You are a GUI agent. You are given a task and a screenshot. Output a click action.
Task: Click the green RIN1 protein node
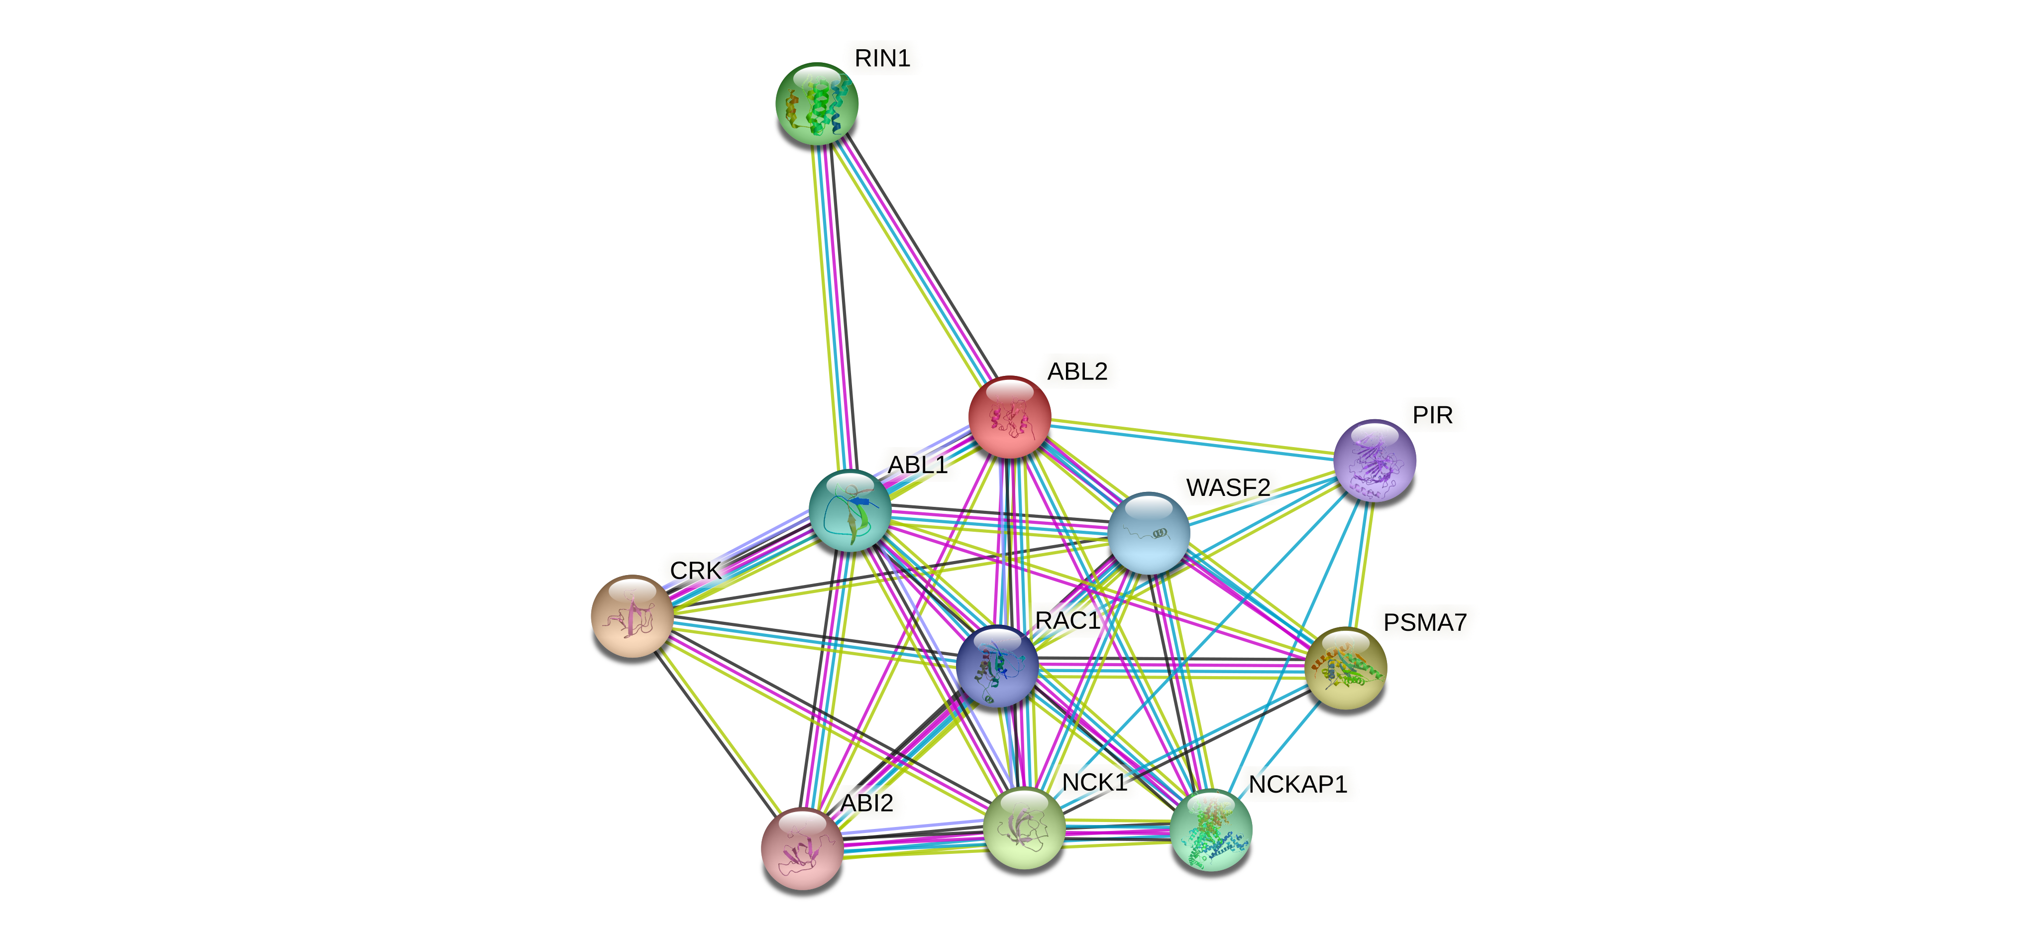point(816,104)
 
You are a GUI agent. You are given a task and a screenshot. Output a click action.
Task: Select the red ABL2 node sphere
point(1009,417)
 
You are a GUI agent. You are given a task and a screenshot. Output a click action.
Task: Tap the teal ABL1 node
point(850,510)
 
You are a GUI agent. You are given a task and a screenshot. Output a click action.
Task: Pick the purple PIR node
point(1375,460)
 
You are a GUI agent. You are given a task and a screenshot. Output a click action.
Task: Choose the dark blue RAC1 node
point(997,667)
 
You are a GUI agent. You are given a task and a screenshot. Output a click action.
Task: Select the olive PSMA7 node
point(1345,668)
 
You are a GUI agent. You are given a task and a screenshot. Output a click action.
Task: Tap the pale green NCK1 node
point(1024,828)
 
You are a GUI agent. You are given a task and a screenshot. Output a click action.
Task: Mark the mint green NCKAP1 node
point(1210,830)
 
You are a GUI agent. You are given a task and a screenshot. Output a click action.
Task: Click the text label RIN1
point(882,58)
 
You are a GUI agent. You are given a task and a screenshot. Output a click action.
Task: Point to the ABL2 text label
point(1077,371)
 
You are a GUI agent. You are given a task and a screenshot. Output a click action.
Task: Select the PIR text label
point(1432,415)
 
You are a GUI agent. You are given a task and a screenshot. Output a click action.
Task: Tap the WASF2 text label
point(1228,487)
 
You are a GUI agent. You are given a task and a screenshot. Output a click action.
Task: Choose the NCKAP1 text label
point(1297,784)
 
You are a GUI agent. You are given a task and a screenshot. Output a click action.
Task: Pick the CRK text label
point(695,571)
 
